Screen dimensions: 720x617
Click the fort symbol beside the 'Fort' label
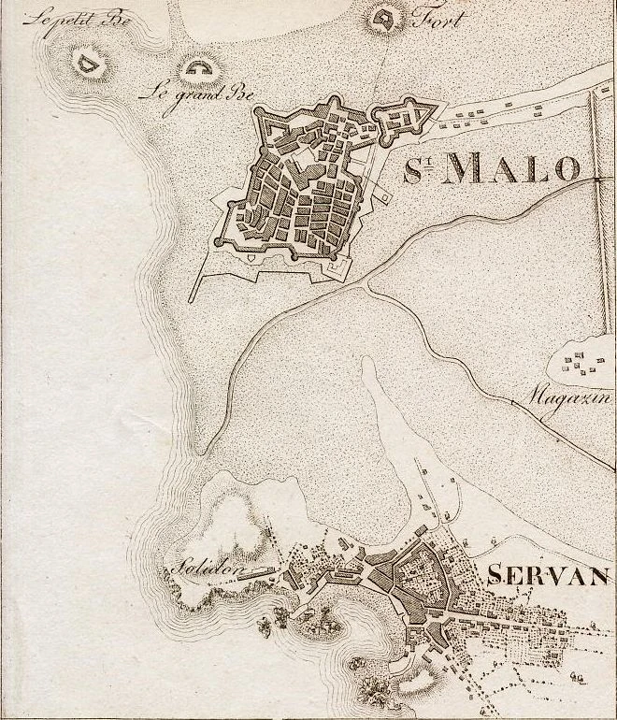(x=381, y=19)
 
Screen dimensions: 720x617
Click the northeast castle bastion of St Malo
(x=409, y=117)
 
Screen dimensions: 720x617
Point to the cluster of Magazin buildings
(x=584, y=362)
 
